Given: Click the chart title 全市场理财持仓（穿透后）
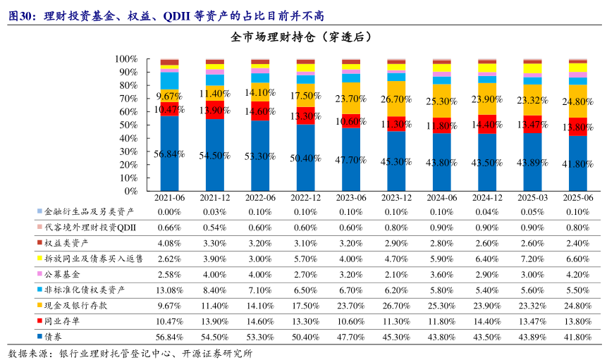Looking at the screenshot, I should coord(307,37).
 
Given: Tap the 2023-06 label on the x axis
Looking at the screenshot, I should coord(351,198).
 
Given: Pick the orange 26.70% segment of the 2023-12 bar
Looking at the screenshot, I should coord(396,99).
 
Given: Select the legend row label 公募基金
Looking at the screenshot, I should coord(62,273).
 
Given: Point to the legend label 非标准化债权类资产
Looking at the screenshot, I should coord(85,289).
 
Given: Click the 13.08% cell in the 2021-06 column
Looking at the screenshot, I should coord(169,289).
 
